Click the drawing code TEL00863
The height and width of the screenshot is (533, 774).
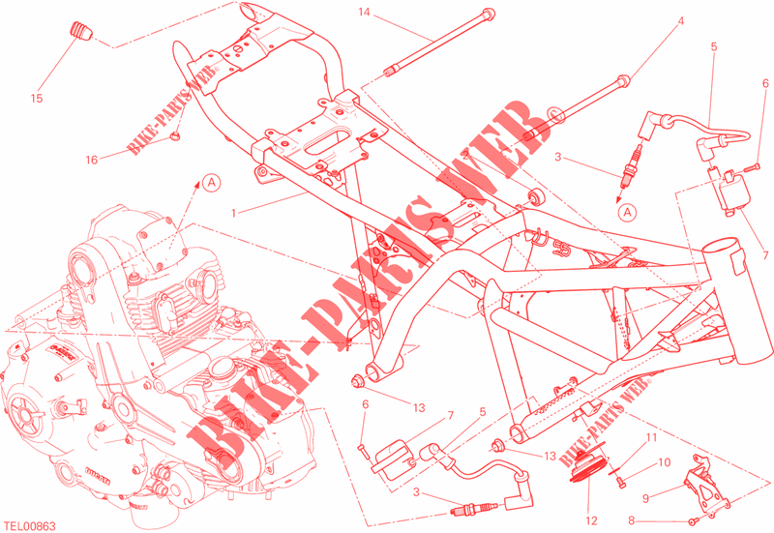(30, 526)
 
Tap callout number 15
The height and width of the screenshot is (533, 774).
(37, 99)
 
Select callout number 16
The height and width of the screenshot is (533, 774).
(91, 160)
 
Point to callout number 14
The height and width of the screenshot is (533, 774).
(364, 12)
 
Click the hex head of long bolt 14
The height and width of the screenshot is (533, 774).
(488, 15)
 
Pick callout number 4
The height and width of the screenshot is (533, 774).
(681, 21)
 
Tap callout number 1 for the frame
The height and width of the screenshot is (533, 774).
(234, 213)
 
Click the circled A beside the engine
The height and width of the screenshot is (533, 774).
(211, 183)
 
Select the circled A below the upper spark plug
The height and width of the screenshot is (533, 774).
(627, 212)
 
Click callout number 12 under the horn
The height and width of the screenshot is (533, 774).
(591, 520)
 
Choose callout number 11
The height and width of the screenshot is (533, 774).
(651, 438)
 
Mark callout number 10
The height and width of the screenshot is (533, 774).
(665, 462)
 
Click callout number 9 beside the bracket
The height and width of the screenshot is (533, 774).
(645, 498)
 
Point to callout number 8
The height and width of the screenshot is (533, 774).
(632, 520)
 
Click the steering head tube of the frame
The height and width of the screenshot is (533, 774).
(735, 301)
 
